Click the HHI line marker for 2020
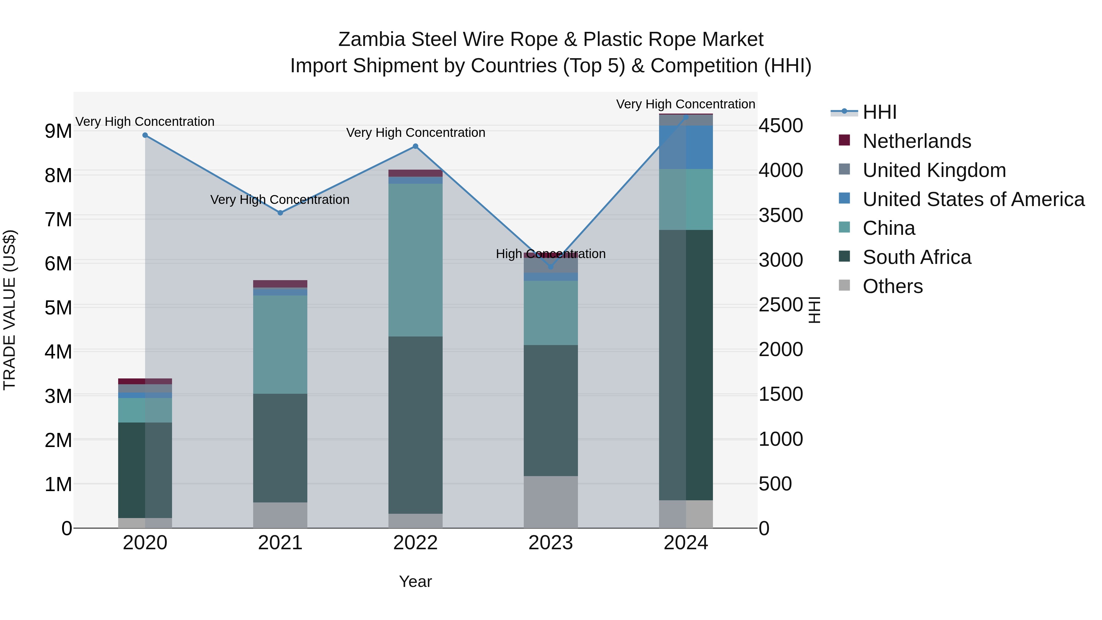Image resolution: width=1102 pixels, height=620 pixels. tap(145, 135)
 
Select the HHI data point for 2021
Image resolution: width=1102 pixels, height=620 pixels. tap(280, 213)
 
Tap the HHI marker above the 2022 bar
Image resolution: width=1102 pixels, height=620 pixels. tap(415, 146)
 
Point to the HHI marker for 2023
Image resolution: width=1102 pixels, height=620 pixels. tap(551, 267)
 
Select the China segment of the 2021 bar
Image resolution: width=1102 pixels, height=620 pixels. tap(280, 344)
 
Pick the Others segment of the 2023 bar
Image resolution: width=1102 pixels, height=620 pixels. tap(551, 502)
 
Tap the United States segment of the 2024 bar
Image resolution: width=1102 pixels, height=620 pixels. tap(686, 147)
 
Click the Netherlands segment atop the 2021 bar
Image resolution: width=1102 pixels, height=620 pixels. tap(280, 284)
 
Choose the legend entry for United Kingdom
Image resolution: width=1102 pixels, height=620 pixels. tap(934, 170)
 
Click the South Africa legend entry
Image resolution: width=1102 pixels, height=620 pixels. tap(917, 257)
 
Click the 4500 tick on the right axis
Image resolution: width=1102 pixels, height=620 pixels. tap(781, 126)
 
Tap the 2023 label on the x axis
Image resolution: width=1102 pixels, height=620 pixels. tap(551, 543)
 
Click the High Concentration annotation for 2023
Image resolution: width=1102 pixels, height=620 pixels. tap(551, 254)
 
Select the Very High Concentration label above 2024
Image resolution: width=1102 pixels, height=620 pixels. tap(685, 104)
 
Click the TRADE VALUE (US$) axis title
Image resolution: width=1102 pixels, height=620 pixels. tap(9, 310)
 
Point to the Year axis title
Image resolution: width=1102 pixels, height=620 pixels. tap(415, 581)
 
